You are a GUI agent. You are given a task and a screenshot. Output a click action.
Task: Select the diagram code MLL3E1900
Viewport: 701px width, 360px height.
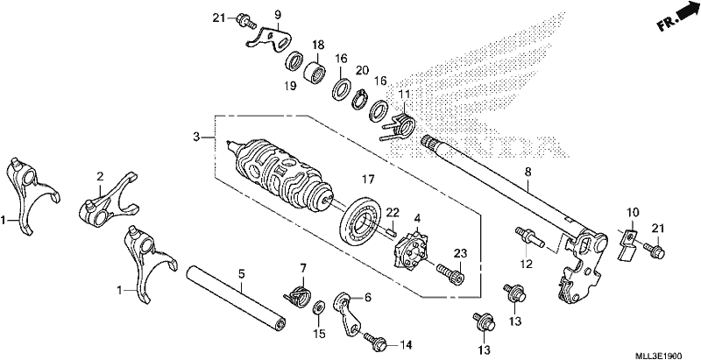tap(660, 356)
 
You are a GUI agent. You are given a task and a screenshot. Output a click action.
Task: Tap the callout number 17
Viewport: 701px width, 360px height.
tap(367, 180)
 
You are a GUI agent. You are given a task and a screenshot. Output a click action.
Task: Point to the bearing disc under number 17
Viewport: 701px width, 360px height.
tap(360, 220)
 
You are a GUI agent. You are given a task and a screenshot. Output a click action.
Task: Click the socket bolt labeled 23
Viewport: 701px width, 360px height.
tap(450, 273)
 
